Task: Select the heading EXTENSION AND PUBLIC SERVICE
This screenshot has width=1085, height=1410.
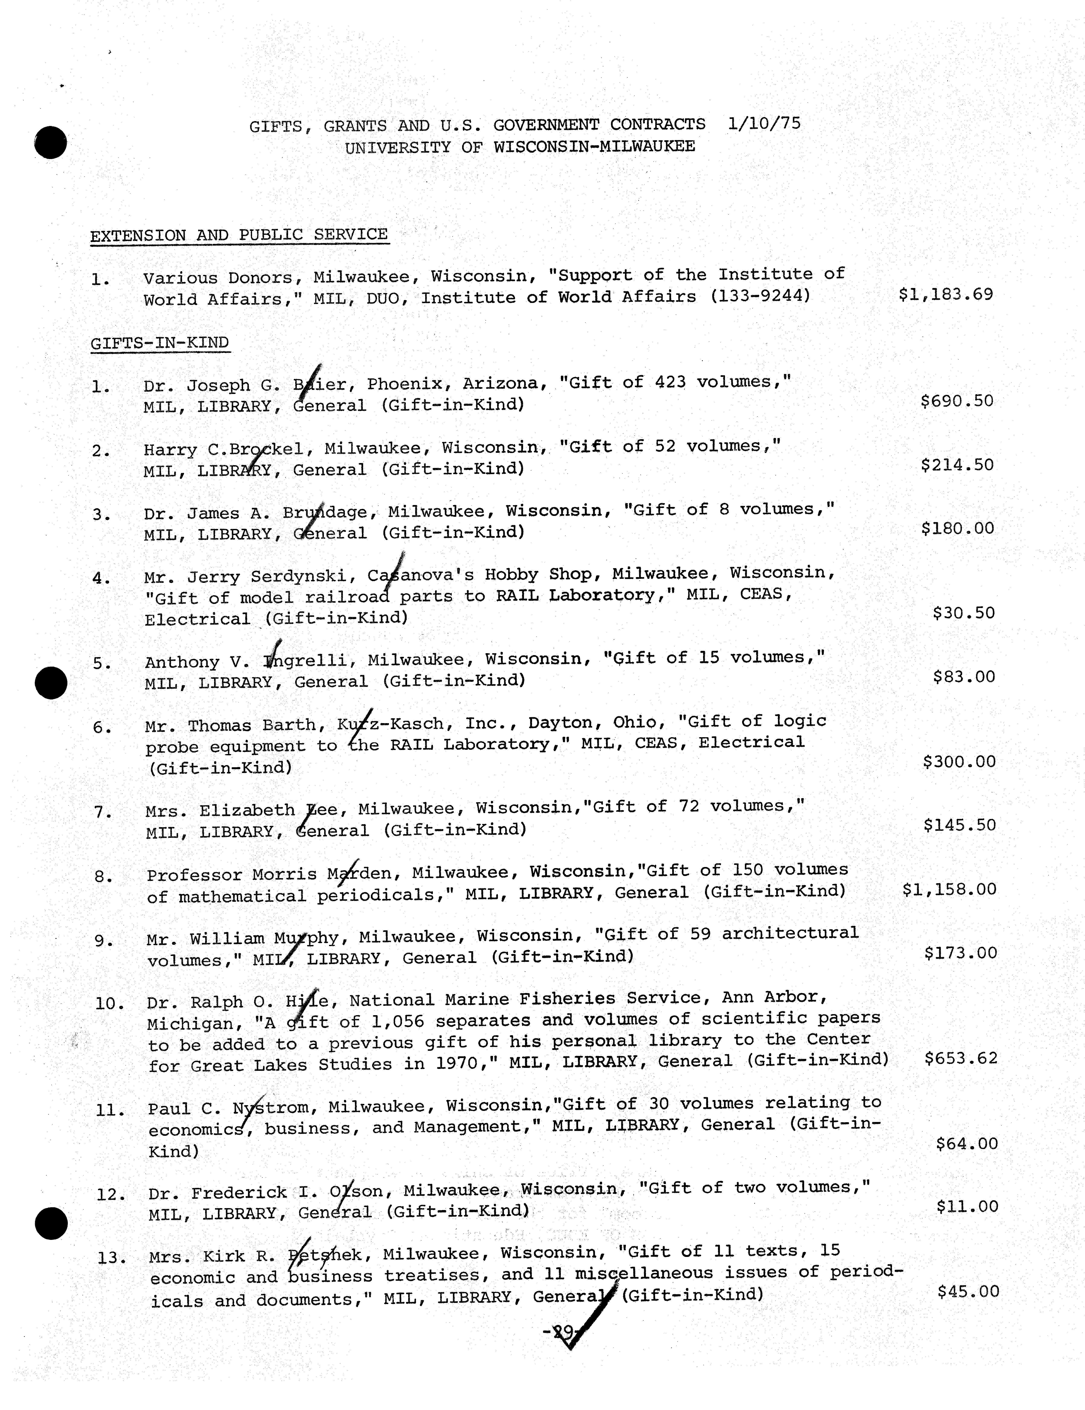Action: pyautogui.click(x=239, y=235)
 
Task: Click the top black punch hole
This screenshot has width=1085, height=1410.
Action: pyautogui.click(x=50, y=143)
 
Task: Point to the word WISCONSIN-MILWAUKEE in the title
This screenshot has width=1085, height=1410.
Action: pyautogui.click(x=594, y=146)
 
